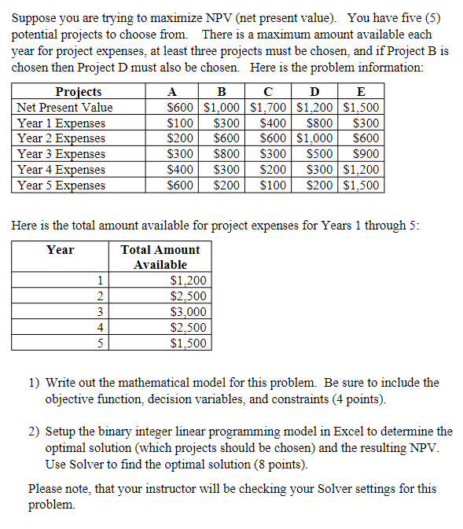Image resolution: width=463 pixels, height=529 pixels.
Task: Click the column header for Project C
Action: click(270, 92)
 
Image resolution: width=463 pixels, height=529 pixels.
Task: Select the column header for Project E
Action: click(361, 92)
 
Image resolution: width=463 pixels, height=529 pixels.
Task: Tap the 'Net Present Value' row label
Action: click(65, 108)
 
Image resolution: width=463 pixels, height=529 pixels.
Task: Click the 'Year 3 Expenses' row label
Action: click(61, 154)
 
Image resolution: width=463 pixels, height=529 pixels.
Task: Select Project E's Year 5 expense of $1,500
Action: click(362, 186)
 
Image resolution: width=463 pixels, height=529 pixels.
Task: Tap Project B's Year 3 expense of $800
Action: click(226, 154)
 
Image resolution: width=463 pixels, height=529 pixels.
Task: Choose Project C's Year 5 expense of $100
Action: click(273, 186)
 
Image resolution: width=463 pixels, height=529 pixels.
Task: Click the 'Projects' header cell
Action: click(79, 92)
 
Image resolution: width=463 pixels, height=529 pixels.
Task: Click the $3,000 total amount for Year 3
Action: click(188, 312)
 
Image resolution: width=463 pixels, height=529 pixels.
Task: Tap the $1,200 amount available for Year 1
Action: click(188, 281)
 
